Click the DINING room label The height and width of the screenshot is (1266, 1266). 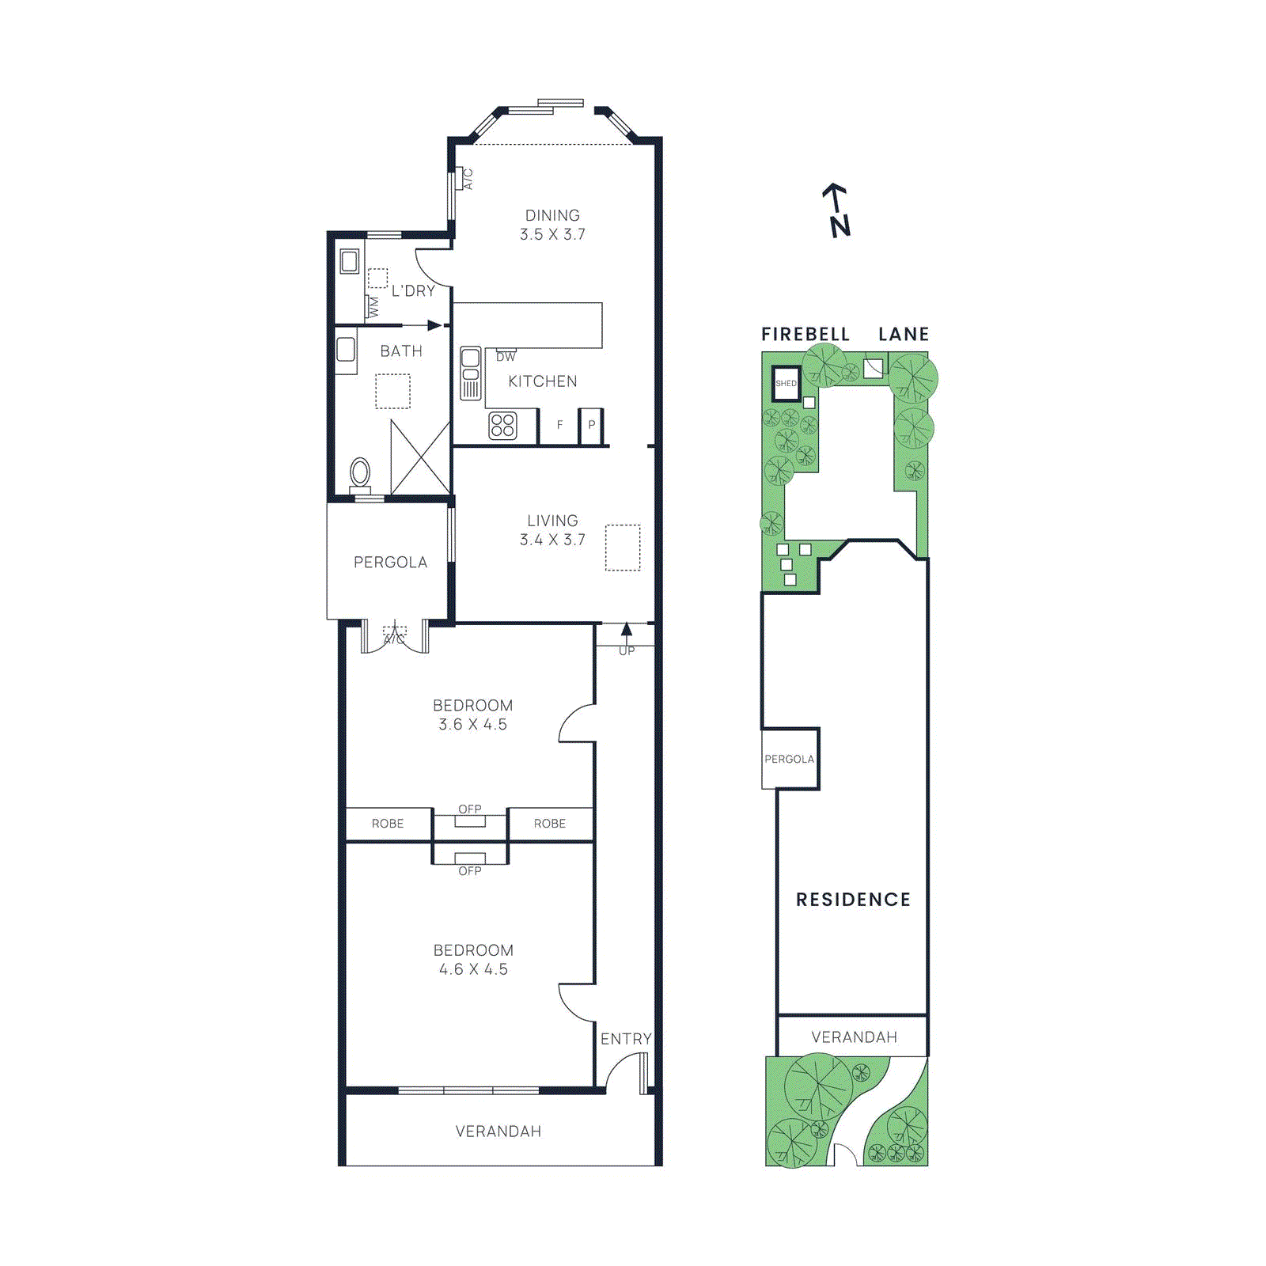pyautogui.click(x=552, y=215)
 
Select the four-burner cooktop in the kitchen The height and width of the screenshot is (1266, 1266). pyautogui.click(x=502, y=426)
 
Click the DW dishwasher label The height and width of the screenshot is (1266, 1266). pyautogui.click(x=506, y=357)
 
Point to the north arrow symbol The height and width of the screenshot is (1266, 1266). pyautogui.click(x=837, y=210)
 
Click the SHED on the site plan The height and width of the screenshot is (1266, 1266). pyautogui.click(x=786, y=383)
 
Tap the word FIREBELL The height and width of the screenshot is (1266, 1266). pyautogui.click(x=805, y=335)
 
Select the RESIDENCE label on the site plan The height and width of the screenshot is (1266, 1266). pyautogui.click(x=853, y=900)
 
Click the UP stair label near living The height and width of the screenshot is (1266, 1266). pyautogui.click(x=627, y=651)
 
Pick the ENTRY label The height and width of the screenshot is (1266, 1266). pyautogui.click(x=626, y=1039)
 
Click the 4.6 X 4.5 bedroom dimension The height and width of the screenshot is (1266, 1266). pyautogui.click(x=473, y=969)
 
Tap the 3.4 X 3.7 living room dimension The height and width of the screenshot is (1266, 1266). pyautogui.click(x=552, y=540)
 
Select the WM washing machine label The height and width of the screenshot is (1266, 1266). pyautogui.click(x=373, y=307)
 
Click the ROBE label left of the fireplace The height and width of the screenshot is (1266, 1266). pyautogui.click(x=388, y=824)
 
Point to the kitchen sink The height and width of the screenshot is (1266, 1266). pyautogui.click(x=471, y=373)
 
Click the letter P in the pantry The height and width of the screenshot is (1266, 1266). pyautogui.click(x=591, y=425)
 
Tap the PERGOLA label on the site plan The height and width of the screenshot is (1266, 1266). pyautogui.click(x=789, y=759)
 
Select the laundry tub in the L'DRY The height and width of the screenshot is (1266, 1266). pyautogui.click(x=349, y=260)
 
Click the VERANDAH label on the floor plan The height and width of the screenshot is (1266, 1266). pyautogui.click(x=498, y=1131)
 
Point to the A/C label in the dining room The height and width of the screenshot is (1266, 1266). pyautogui.click(x=468, y=179)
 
